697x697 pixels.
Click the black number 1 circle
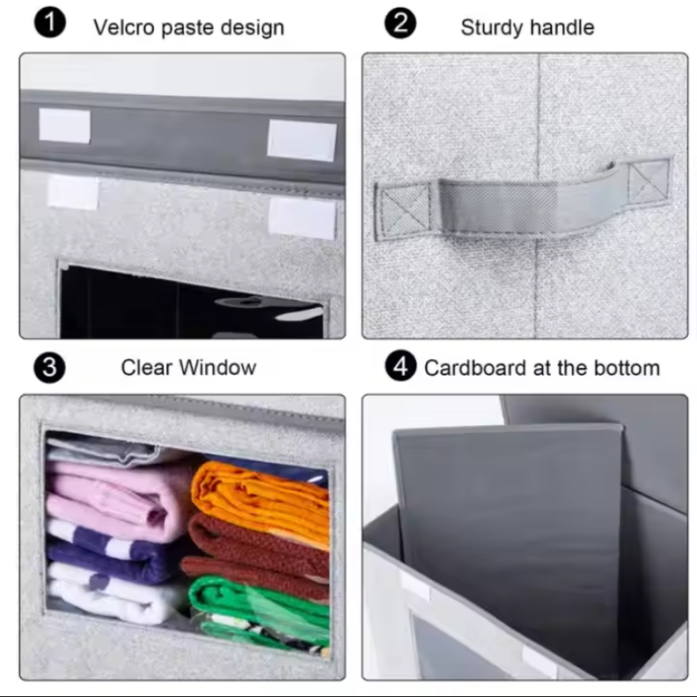click(50, 22)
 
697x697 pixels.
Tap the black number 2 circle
click(400, 23)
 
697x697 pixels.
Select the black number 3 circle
click(49, 368)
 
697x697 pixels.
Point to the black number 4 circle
click(400, 366)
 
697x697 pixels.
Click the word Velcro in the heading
click(124, 27)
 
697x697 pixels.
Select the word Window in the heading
click(218, 368)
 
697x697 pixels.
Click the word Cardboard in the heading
click(475, 368)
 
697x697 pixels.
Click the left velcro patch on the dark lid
click(65, 126)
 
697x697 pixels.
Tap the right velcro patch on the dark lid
click(301, 140)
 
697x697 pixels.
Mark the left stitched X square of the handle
click(402, 212)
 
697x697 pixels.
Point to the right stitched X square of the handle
click(649, 182)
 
